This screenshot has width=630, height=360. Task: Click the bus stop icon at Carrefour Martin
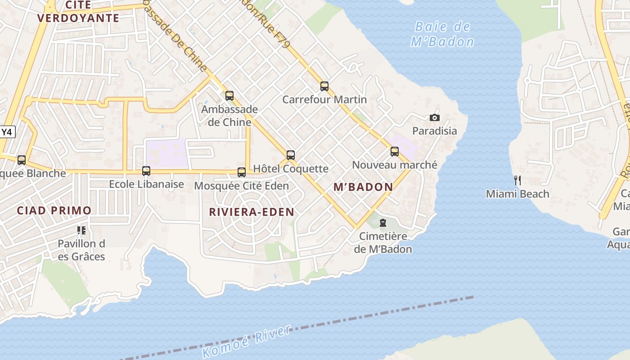click(x=324, y=86)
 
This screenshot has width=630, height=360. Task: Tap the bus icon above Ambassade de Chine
click(x=229, y=95)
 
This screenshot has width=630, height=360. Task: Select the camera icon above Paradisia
click(x=434, y=118)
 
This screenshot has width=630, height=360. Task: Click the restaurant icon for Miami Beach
click(x=517, y=180)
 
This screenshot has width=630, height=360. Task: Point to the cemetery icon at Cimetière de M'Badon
click(x=383, y=223)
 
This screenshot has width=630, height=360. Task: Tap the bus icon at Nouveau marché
click(x=395, y=152)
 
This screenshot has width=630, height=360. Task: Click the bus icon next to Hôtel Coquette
click(x=291, y=156)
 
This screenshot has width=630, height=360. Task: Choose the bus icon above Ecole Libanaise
click(x=146, y=171)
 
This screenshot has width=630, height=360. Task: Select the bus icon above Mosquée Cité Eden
click(x=242, y=172)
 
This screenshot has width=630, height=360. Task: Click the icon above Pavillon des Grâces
click(x=81, y=230)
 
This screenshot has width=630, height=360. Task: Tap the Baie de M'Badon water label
click(x=442, y=34)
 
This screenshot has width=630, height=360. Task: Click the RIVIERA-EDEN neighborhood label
click(x=252, y=212)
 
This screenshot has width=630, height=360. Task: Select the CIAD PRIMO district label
click(x=54, y=210)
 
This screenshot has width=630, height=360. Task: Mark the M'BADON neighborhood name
click(x=363, y=187)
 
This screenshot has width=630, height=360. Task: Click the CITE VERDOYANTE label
click(x=79, y=12)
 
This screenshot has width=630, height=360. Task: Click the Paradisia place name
click(x=435, y=131)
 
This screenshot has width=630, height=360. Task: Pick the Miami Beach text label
click(x=517, y=194)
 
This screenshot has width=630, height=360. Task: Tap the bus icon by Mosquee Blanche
click(x=21, y=160)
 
